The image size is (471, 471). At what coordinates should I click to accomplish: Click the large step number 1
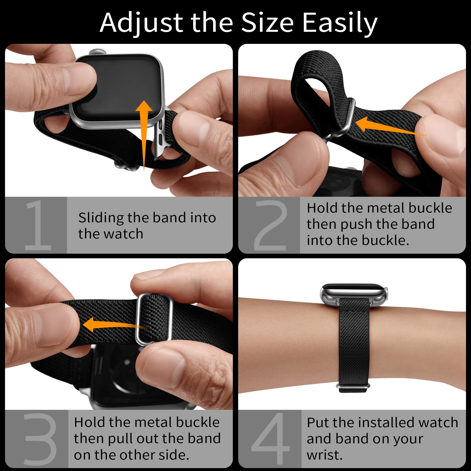38,225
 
